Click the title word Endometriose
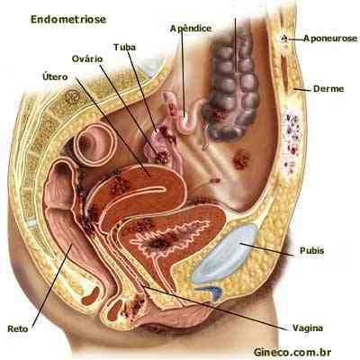tap(68, 20)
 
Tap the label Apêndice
tap(191, 29)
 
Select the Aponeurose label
tap(330, 39)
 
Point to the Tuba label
tap(124, 48)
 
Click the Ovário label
tap(87, 59)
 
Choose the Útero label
tap(55, 76)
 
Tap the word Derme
tap(328, 89)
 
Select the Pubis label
tap(312, 250)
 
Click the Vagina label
tap(308, 328)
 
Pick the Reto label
tap(18, 328)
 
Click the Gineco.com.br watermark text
tap(292, 352)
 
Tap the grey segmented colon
tap(231, 87)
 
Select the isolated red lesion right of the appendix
tap(240, 159)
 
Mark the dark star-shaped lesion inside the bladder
tap(159, 242)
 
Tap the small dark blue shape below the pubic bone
tap(213, 292)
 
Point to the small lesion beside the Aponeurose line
tap(283, 39)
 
